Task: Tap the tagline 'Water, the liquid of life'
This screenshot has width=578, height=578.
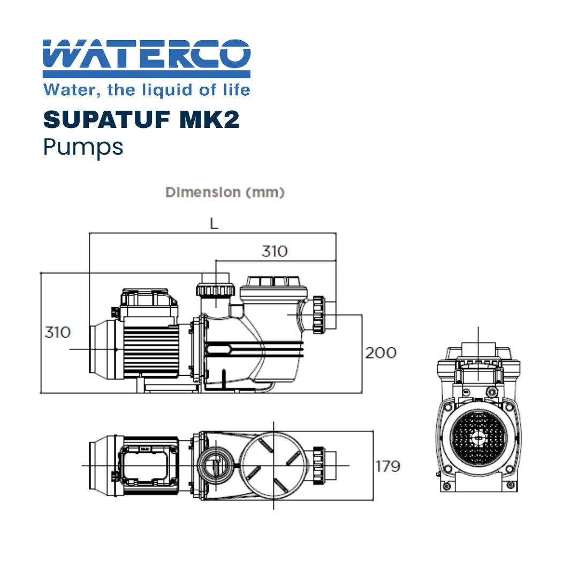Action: (x=146, y=89)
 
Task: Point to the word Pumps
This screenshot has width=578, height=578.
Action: (x=83, y=147)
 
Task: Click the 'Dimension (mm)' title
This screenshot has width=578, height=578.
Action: (x=225, y=192)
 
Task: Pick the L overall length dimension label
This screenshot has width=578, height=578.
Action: (x=214, y=224)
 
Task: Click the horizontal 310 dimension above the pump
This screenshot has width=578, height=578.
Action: (x=274, y=251)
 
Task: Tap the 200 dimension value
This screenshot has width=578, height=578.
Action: (x=381, y=353)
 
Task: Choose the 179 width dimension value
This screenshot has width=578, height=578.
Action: (x=387, y=466)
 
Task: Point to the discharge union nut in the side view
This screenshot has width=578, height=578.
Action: (x=216, y=290)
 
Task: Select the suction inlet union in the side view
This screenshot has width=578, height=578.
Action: (x=320, y=315)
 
